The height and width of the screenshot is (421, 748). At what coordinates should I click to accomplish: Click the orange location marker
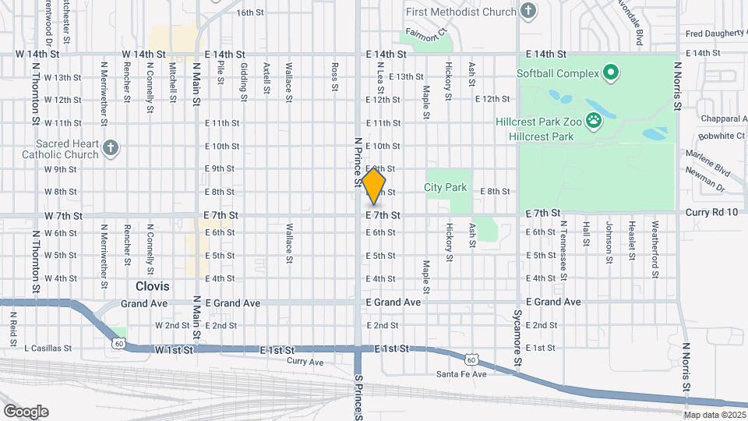(x=374, y=186)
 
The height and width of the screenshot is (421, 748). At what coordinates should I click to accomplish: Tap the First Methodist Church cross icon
(x=528, y=12)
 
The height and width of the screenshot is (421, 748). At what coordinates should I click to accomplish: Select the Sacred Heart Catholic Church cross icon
(x=111, y=147)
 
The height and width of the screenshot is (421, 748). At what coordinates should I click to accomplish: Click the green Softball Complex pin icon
(x=611, y=74)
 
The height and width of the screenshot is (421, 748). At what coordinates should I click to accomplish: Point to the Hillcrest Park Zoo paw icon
(x=594, y=121)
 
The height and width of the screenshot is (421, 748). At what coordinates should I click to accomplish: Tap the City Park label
(x=445, y=187)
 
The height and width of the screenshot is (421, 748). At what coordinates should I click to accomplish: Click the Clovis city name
(x=152, y=286)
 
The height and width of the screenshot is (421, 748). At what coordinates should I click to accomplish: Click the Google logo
(x=26, y=411)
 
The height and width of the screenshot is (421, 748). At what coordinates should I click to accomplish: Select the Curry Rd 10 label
(x=711, y=213)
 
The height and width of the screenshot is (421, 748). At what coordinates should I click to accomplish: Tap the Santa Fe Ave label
(x=461, y=374)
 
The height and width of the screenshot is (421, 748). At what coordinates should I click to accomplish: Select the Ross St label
(x=333, y=77)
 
